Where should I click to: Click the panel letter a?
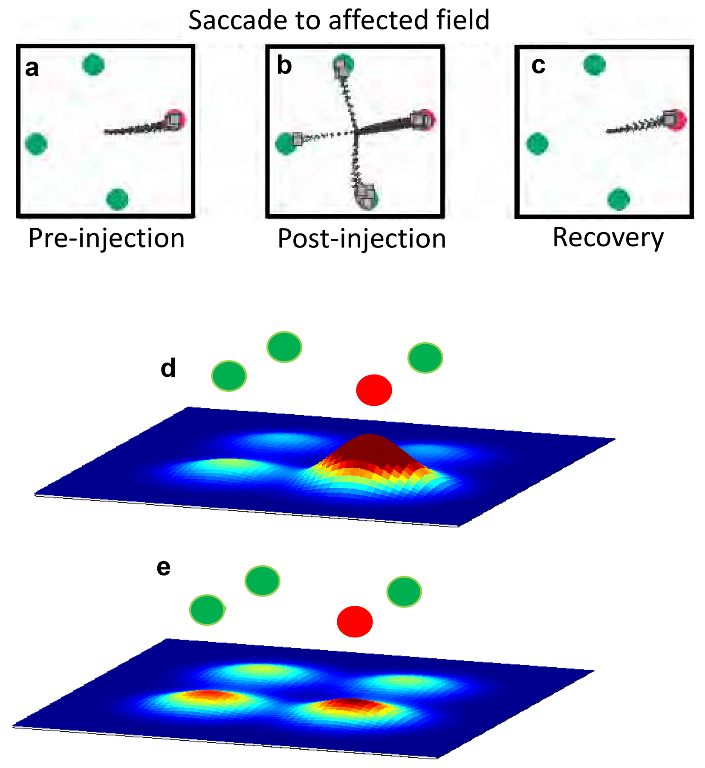pyautogui.click(x=32, y=68)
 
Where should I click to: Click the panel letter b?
pyautogui.click(x=284, y=66)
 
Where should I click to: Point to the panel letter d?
pyautogui.click(x=168, y=368)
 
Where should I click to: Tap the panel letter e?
pyautogui.click(x=164, y=567)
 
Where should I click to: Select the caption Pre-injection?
pyautogui.click(x=106, y=238)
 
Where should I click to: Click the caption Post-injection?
pyautogui.click(x=361, y=239)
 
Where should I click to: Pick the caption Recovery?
pyautogui.click(x=608, y=237)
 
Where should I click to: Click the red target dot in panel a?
pyautogui.click(x=176, y=120)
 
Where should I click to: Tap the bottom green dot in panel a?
pyautogui.click(x=117, y=199)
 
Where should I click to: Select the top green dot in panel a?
pyautogui.click(x=93, y=65)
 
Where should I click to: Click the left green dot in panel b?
pyautogui.click(x=285, y=143)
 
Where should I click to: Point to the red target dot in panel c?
pyautogui.click(x=676, y=120)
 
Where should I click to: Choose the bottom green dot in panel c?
pyautogui.click(x=618, y=199)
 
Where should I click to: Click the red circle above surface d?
pyautogui.click(x=374, y=390)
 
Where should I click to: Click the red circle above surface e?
pyautogui.click(x=355, y=621)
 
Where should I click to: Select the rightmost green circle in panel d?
pyautogui.click(x=425, y=358)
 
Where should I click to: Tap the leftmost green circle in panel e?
pyautogui.click(x=207, y=610)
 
